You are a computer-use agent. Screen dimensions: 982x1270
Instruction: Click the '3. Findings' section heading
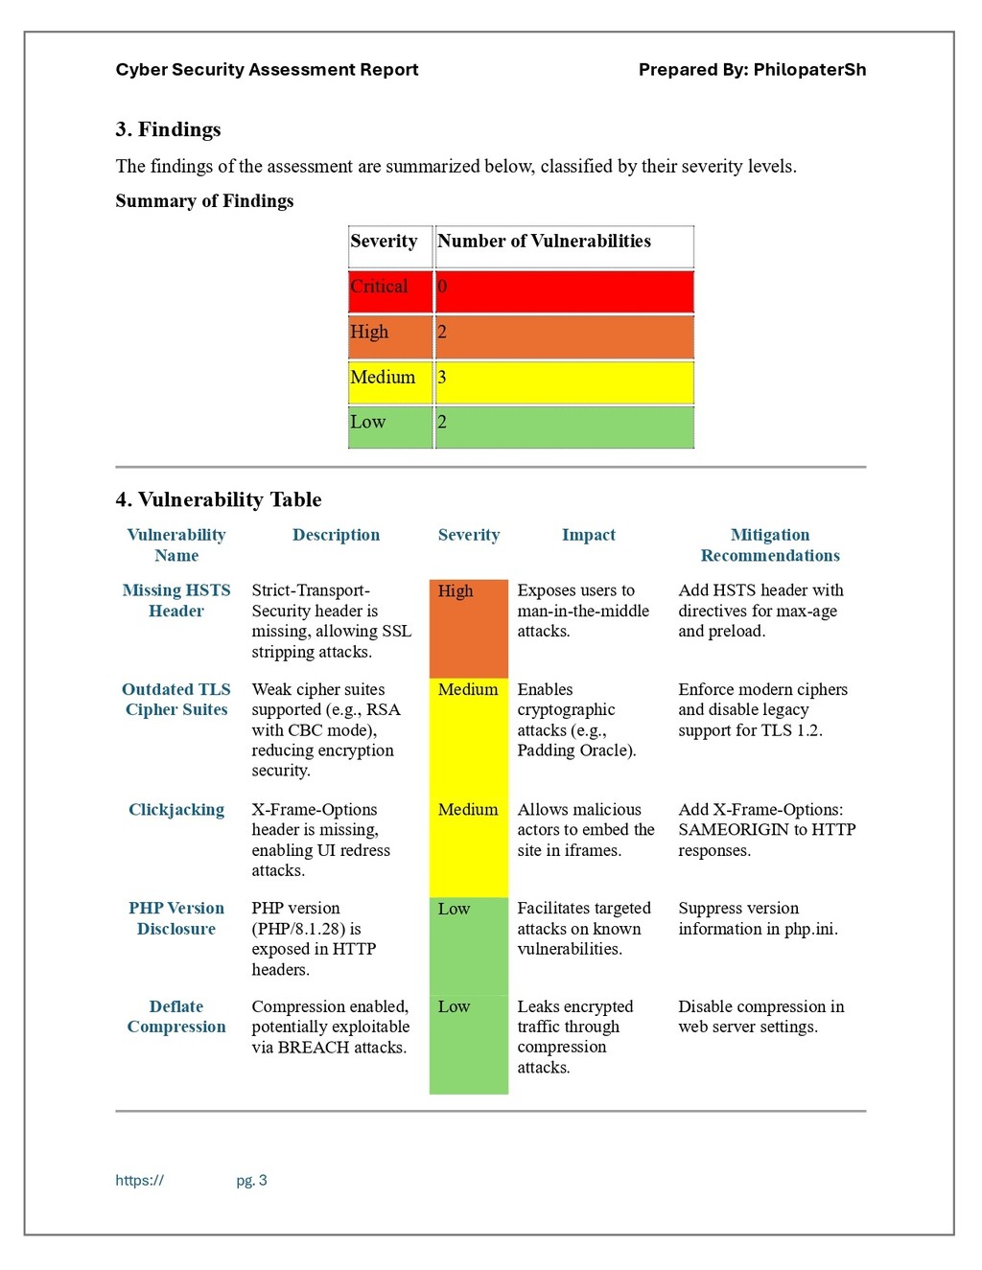169,129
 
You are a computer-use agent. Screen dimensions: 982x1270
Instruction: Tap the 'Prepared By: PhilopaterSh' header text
752,70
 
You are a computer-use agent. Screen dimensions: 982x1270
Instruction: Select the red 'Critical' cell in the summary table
390,291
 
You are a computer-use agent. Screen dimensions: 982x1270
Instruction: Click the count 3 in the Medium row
442,377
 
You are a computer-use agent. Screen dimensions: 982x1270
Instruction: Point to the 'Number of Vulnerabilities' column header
544,241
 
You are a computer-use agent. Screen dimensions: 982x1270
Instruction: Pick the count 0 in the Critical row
442,287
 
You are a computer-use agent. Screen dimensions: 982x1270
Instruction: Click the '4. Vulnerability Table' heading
219,499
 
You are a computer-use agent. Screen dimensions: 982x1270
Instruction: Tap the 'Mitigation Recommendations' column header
770,544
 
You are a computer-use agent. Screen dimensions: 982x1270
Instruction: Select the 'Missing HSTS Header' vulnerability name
176,600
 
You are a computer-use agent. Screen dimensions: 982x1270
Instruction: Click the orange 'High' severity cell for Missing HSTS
469,629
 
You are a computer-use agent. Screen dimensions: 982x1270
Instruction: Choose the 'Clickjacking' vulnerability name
176,810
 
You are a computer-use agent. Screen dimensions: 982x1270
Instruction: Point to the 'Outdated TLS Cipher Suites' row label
176,700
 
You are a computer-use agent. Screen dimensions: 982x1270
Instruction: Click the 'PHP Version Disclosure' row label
176,918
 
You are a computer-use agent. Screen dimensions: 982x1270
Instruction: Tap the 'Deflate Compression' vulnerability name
176,1016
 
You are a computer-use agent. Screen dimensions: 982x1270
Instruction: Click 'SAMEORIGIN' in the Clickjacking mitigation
734,829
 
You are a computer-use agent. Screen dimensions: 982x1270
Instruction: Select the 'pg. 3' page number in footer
251,1180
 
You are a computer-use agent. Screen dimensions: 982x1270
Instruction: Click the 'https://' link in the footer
140,1180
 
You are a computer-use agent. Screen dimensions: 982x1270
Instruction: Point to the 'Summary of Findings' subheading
204,201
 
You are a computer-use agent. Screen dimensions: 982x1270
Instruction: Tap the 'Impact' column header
589,535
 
